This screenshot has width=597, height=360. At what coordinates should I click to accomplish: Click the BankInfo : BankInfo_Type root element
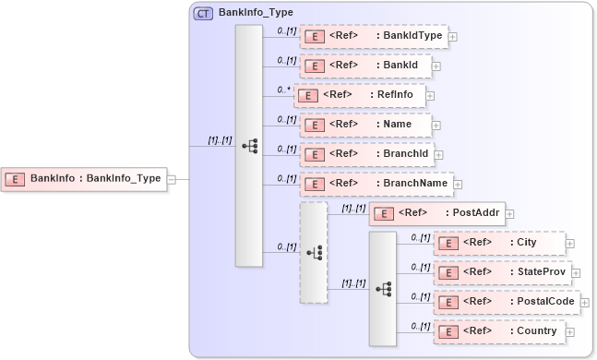click(85, 179)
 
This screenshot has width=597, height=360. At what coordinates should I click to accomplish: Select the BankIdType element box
click(373, 36)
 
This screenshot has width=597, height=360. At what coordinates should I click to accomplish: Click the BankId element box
click(364, 66)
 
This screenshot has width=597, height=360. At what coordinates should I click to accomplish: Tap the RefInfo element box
click(360, 94)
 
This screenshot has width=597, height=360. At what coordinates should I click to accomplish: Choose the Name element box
click(364, 124)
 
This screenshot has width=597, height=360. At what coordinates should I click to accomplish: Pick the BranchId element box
click(365, 154)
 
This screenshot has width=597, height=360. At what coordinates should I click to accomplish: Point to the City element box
click(498, 243)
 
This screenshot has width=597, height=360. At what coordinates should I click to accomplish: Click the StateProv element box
click(503, 272)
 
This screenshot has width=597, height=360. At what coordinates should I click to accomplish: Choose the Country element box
click(498, 331)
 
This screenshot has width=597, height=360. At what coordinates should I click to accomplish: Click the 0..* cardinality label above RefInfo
click(283, 90)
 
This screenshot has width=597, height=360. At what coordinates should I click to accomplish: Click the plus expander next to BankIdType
click(453, 37)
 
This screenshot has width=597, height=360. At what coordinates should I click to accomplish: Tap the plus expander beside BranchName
click(458, 185)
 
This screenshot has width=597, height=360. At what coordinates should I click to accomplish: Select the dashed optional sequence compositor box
click(314, 252)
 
